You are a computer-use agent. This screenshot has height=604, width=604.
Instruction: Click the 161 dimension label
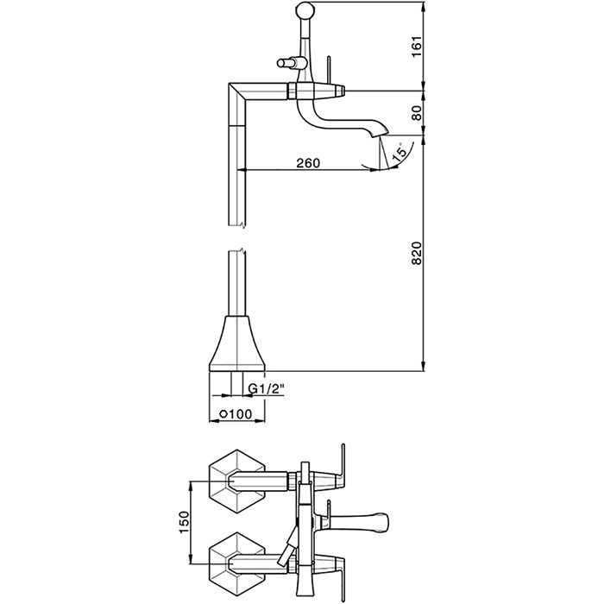coord(417,47)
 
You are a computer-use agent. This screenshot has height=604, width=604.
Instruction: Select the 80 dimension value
coord(417,113)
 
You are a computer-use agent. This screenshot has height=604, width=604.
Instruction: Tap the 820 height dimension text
coord(417,253)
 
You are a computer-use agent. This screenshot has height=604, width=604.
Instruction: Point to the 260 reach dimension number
coord(308,163)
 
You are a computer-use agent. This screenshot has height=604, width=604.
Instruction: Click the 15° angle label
coord(400,153)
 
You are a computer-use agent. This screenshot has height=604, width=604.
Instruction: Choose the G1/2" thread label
coord(266,389)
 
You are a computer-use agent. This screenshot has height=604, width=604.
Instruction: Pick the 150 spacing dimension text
coord(184,522)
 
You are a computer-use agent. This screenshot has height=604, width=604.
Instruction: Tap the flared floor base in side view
coord(237,344)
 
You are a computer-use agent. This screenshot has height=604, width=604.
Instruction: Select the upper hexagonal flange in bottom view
coord(237,481)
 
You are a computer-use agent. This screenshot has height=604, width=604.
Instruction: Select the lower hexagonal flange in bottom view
coord(237,564)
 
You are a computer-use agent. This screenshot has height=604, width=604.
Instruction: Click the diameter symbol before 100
coord(223,414)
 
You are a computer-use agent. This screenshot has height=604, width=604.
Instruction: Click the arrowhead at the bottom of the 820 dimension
coord(424,367)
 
